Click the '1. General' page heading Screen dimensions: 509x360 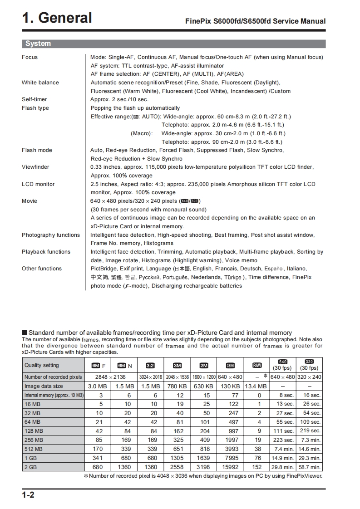click(x=57, y=18)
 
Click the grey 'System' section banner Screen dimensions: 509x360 click(x=38, y=44)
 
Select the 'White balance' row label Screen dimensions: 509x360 click(x=40, y=83)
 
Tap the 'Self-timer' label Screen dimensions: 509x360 click(x=34, y=99)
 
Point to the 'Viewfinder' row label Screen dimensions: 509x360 click(x=35, y=167)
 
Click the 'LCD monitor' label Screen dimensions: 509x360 click(x=38, y=184)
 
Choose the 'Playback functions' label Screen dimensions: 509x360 click(x=46, y=252)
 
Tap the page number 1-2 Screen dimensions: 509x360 click(x=28, y=495)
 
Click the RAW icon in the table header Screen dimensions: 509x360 click(x=257, y=366)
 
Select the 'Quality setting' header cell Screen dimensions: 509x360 click(x=42, y=365)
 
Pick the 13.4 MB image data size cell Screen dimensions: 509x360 click(x=257, y=386)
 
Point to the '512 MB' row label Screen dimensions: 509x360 click(x=34, y=449)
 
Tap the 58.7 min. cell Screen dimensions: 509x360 click(x=309, y=467)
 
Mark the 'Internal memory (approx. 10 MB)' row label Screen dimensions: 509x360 click(x=54, y=395)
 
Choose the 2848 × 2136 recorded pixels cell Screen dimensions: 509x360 click(x=110, y=377)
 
